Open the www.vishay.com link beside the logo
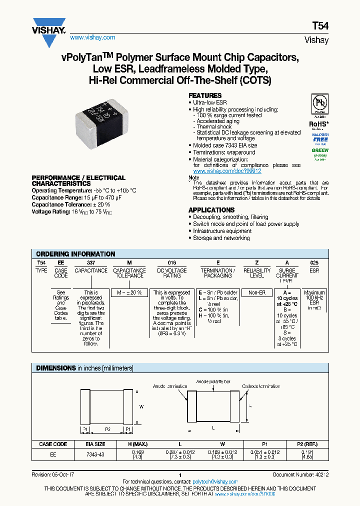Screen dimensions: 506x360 pyautogui.click(x=92, y=37)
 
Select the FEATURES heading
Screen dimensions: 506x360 pyautogui.click(x=204, y=95)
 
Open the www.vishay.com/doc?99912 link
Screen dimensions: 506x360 pyautogui.click(x=227, y=171)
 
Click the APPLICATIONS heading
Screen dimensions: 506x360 pyautogui.click(x=211, y=210)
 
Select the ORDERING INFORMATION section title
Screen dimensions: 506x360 pyautogui.click(x=75, y=254)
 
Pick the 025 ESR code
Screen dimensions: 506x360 pyautogui.click(x=314, y=262)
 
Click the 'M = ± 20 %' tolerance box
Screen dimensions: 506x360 pyautogui.click(x=129, y=292)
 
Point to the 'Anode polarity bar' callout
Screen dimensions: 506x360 pyautogui.click(x=213, y=381)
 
